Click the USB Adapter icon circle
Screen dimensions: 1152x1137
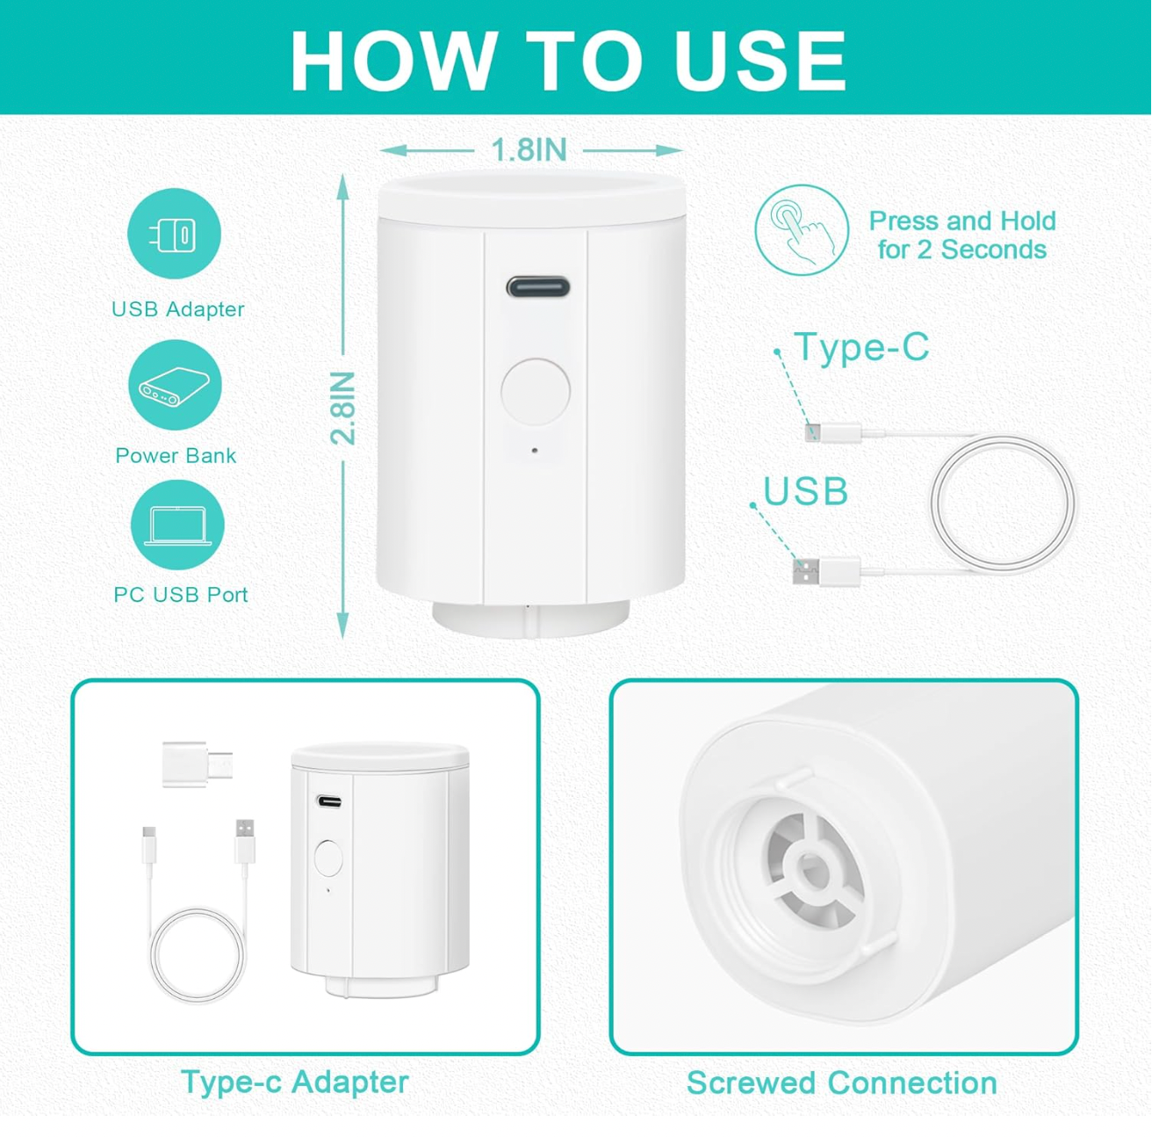[x=174, y=234]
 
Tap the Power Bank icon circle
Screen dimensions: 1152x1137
[x=175, y=385]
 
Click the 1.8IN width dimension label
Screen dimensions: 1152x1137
[x=529, y=149]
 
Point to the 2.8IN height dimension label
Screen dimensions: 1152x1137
[x=343, y=408]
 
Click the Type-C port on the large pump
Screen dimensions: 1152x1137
[x=537, y=286]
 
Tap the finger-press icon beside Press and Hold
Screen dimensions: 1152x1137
[x=802, y=230]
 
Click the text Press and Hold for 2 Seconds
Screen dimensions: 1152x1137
[x=961, y=235]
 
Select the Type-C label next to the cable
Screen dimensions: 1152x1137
[x=861, y=346]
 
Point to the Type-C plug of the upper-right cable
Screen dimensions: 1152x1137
[x=832, y=432]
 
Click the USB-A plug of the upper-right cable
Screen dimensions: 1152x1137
[x=826, y=571]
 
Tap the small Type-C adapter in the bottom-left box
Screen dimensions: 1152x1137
[x=198, y=764]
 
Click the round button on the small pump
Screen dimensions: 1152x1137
[x=328, y=858]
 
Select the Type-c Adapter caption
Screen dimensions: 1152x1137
[x=295, y=1082]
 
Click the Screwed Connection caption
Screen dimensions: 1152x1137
[x=842, y=1083]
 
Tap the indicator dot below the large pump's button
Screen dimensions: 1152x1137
[x=535, y=450]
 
